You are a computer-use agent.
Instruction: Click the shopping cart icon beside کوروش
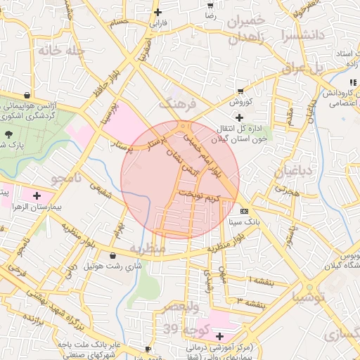[x=241, y=91]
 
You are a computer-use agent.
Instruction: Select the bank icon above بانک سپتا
[x=244, y=211]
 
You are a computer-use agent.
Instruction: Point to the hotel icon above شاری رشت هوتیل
[x=114, y=255]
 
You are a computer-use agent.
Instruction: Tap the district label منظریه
[x=148, y=249]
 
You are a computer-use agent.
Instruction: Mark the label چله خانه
[x=62, y=51]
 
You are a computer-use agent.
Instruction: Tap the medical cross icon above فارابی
[x=158, y=12]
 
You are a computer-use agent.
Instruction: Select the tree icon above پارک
[x=8, y=133]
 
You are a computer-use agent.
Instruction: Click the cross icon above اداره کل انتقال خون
[x=240, y=117]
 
